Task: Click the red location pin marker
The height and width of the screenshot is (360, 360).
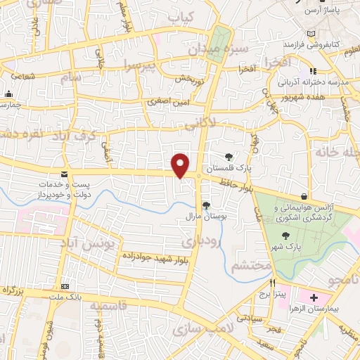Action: coord(181,165)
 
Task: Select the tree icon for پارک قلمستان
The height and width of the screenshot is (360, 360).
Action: coord(229,156)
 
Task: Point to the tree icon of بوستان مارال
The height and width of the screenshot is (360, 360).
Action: coord(207,205)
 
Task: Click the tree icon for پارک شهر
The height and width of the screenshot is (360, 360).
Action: coord(285,236)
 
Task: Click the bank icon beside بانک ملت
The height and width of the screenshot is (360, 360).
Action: coord(65,287)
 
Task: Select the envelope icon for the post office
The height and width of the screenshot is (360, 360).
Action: coord(65,174)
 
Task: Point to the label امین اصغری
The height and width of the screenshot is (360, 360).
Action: coord(169,103)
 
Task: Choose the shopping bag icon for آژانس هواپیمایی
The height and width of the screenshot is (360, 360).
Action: coord(304,196)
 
